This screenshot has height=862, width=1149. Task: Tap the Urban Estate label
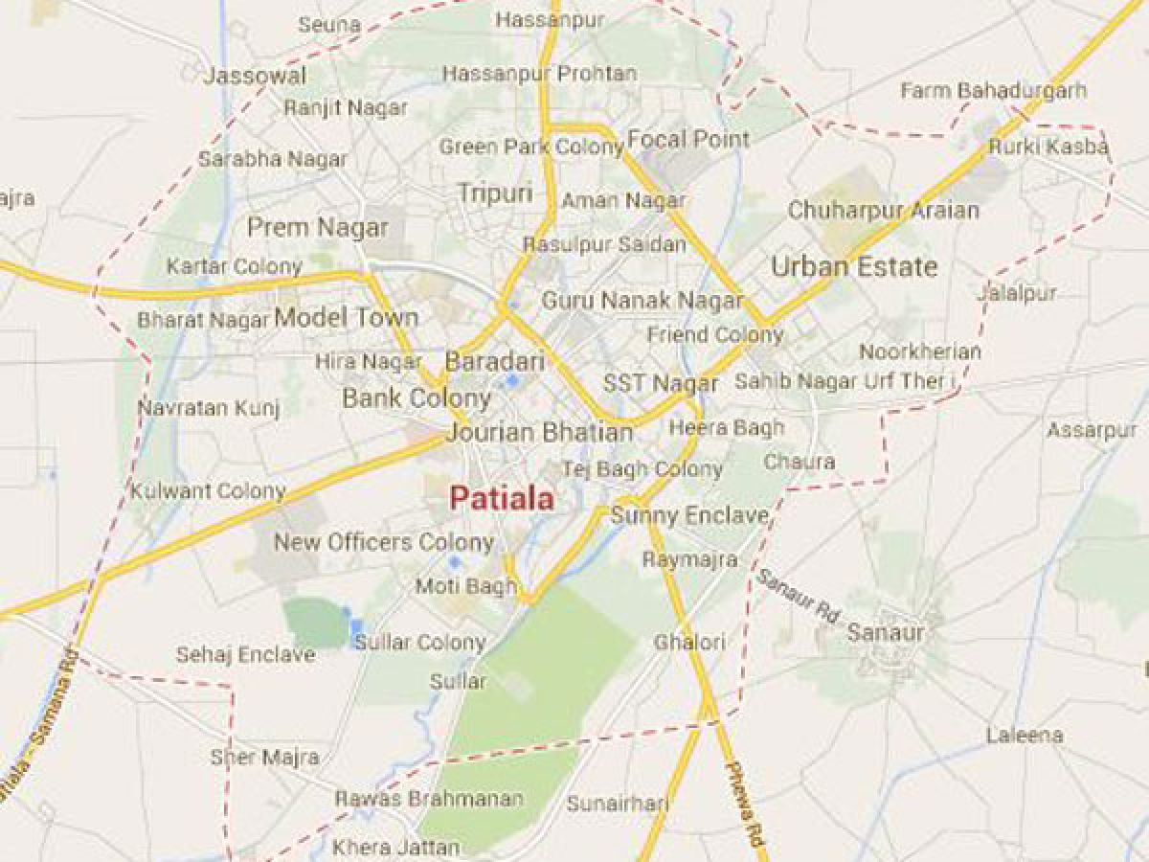854,266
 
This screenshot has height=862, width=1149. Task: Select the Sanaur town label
886,633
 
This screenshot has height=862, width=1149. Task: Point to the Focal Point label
688,139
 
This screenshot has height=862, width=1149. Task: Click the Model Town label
347,318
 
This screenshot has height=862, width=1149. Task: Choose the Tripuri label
495,193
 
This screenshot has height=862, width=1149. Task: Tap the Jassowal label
256,76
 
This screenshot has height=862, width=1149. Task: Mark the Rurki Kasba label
1048,147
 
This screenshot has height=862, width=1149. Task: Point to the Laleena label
1025,736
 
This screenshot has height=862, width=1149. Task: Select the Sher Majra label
264,758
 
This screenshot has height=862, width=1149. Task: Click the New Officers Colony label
383,542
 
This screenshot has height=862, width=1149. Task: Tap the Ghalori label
689,642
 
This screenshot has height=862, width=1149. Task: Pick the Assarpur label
1092,430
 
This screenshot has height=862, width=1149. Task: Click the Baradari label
494,362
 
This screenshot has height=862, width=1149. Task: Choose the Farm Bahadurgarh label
994,91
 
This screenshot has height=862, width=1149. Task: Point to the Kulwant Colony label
209,491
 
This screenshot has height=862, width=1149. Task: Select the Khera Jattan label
395,848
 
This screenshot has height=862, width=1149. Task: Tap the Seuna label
328,25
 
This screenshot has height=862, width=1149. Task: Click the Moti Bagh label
465,586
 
